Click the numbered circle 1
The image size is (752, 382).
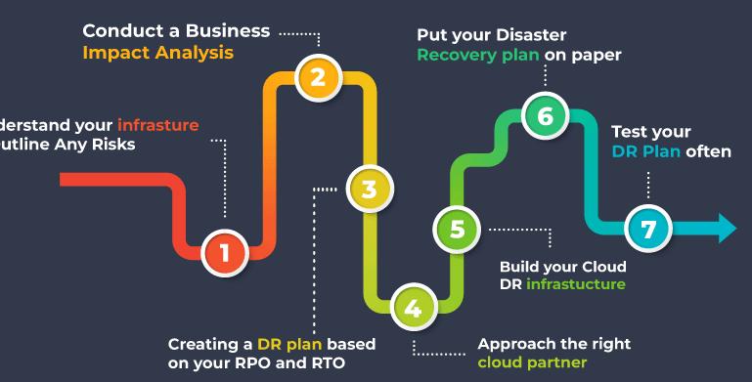coord(224,253)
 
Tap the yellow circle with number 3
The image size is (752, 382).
coord(368,190)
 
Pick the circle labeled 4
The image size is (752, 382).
coord(413,308)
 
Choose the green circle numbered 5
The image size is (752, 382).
coord(457,230)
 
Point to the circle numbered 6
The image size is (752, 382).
coord(545,116)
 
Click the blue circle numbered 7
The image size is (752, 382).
coord(648,230)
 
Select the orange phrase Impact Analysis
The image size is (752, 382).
coord(157,53)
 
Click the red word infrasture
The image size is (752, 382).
coord(158,125)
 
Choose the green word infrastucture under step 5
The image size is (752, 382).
coord(575,284)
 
